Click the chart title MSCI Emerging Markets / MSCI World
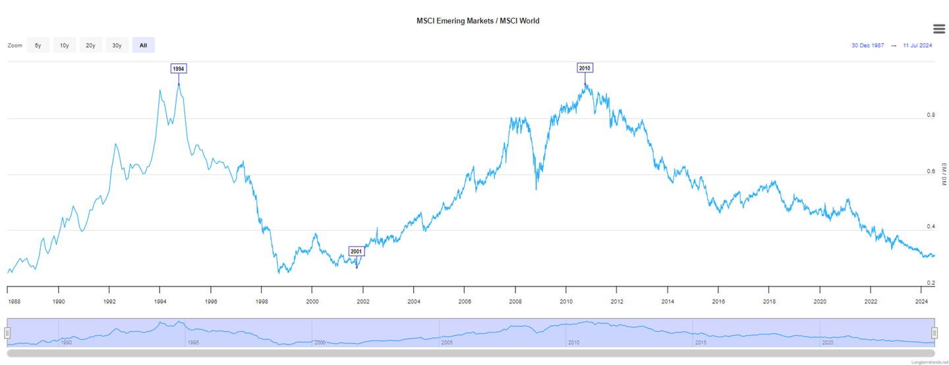(x=478, y=21)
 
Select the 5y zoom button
(x=38, y=45)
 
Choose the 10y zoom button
(x=64, y=45)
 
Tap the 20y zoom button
(x=90, y=45)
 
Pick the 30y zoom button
(x=117, y=45)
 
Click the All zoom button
(x=143, y=45)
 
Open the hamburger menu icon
(x=940, y=28)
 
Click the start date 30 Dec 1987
(x=867, y=45)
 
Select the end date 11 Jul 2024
(x=917, y=45)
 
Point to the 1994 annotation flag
(x=179, y=69)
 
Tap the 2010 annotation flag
(x=585, y=68)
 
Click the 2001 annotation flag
(x=357, y=251)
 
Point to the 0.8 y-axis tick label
(x=931, y=115)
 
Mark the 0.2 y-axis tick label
(x=931, y=283)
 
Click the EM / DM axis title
(x=943, y=172)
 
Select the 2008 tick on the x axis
(x=515, y=301)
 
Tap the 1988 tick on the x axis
(x=13, y=301)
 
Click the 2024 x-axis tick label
(x=921, y=301)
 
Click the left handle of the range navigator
(x=8, y=333)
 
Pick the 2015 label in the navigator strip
(x=701, y=343)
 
